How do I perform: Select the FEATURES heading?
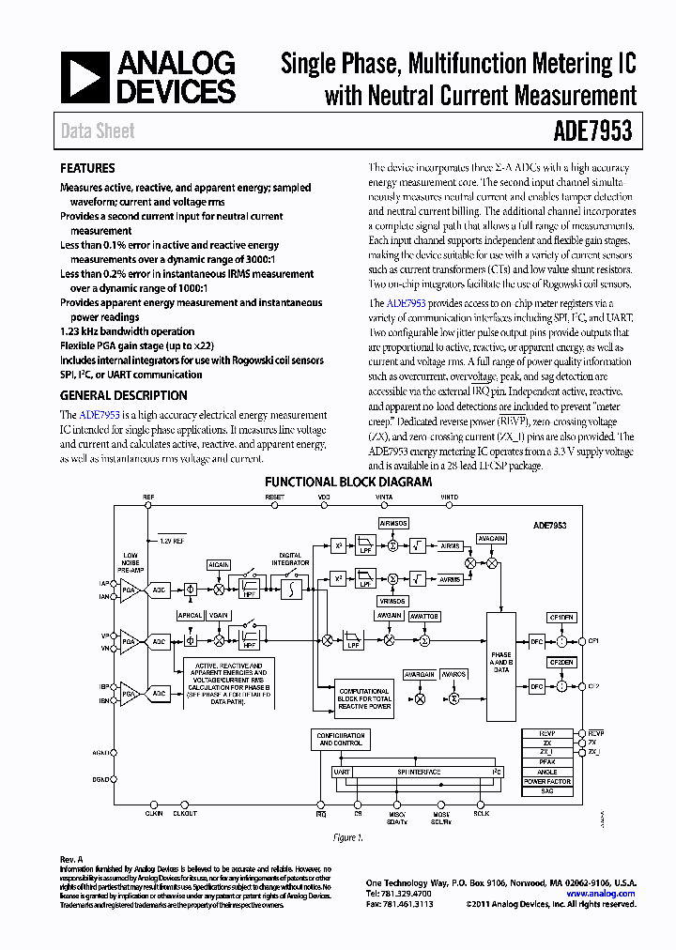coord(87,169)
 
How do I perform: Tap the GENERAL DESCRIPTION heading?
coord(123,396)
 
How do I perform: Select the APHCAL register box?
coord(191,616)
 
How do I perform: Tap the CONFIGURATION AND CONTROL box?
coord(340,739)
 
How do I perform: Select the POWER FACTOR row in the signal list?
coord(547,781)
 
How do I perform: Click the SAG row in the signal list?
coord(547,792)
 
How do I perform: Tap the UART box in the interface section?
coord(342,772)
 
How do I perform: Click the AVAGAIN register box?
coord(490,539)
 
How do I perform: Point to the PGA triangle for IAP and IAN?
coord(129,590)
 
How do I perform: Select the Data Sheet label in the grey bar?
coord(98,132)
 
